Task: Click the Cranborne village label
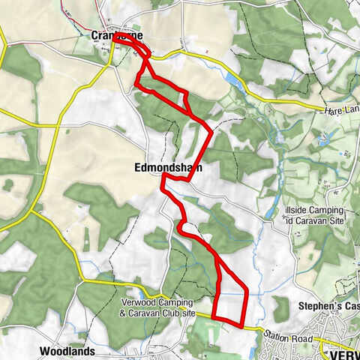[117, 35]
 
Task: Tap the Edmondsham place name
[169, 168]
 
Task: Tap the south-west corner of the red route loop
[215, 317]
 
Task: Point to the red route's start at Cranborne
[117, 35]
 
